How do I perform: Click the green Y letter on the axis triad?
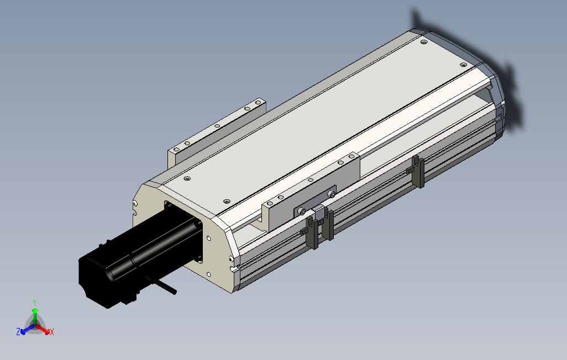click(x=34, y=302)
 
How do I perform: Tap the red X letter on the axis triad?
click(x=52, y=332)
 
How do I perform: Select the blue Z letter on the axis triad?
click(x=18, y=332)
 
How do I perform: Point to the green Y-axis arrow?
click(x=35, y=315)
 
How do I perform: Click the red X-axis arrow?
click(x=44, y=329)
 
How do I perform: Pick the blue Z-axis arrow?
click(x=27, y=329)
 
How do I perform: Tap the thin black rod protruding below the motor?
click(x=165, y=287)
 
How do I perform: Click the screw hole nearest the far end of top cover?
click(x=424, y=42)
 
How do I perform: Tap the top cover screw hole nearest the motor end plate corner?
click(x=187, y=179)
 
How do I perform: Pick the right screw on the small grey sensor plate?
click(x=331, y=194)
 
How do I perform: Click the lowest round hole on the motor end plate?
click(x=209, y=275)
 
